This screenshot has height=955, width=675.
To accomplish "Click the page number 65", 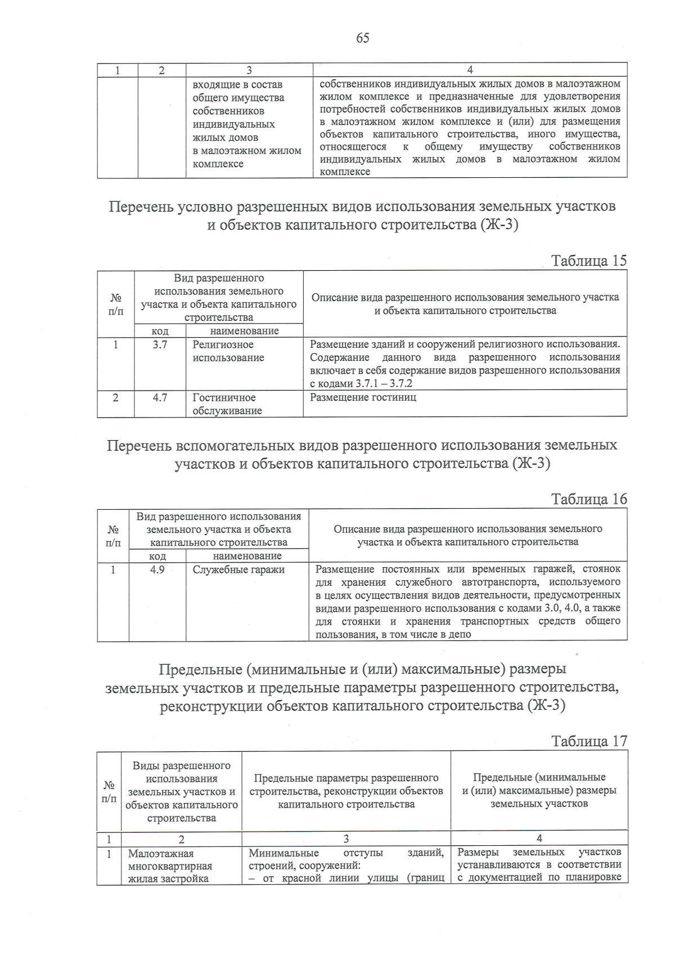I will pos(362,38).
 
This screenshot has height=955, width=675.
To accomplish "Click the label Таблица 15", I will pos(588,261).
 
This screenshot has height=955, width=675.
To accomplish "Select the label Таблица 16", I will pos(588,499).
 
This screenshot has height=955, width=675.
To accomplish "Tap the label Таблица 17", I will pos(588,741).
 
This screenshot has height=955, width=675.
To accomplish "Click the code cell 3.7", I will pos(160,344).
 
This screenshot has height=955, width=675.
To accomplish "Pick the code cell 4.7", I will pos(160,397).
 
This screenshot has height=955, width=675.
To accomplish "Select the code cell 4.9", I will pos(157,570).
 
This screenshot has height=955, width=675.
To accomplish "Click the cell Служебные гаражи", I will pos(238,570).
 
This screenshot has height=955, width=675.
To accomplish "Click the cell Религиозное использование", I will pos(228,351).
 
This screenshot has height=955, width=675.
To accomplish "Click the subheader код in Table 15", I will pos(160,331).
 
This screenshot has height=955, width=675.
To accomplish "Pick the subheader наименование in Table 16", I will pos(247,556).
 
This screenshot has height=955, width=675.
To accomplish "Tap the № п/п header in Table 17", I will pos(109,791).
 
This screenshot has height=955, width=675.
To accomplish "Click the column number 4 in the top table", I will pos(470,70).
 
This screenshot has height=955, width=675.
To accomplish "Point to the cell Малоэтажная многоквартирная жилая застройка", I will pos(170,866).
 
